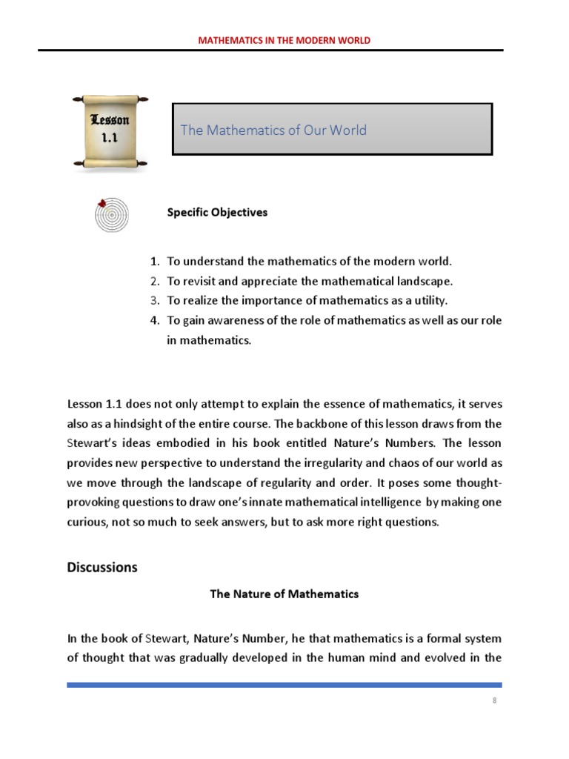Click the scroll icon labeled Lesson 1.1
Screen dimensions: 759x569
(x=110, y=130)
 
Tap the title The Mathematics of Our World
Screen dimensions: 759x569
(x=273, y=130)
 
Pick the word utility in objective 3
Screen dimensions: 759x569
(x=432, y=300)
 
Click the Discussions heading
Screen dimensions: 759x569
(x=102, y=568)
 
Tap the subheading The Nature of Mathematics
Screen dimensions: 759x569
(x=284, y=594)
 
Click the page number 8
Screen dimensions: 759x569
(x=493, y=700)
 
